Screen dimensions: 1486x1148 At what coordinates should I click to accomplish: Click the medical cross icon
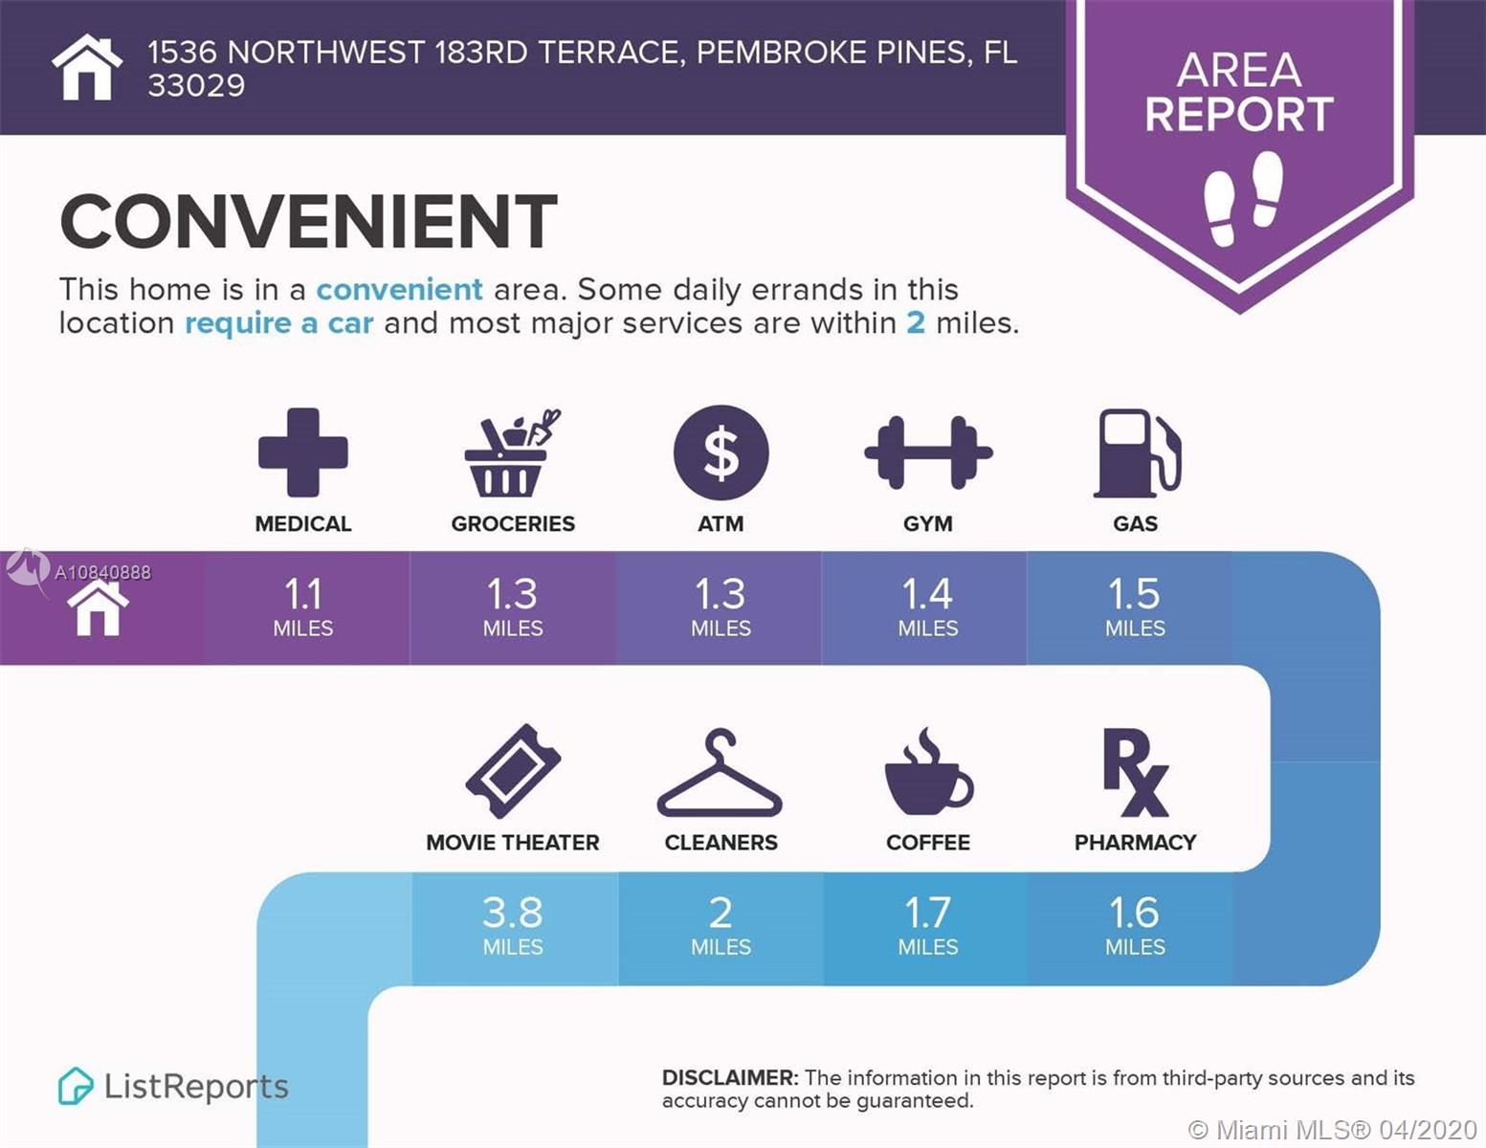pos(303,452)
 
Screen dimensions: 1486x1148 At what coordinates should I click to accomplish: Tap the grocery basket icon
pos(512,453)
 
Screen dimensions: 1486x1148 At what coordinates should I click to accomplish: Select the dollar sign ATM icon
pos(721,453)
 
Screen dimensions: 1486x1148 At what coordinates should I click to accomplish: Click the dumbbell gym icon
pos(928,453)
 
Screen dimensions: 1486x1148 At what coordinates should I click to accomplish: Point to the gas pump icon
pos(1137,453)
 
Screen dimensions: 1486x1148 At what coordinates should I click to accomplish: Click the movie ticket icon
pos(513,770)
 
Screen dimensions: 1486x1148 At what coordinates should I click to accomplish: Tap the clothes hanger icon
pos(720,772)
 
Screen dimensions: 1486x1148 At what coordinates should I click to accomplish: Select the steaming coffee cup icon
pos(929,771)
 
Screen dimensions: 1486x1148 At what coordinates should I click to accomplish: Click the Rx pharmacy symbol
pos(1135,773)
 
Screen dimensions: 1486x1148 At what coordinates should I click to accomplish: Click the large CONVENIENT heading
pos(308,221)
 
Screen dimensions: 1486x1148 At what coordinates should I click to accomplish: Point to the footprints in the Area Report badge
pos(1243,198)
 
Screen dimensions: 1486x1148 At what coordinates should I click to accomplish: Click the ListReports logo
pos(173,1086)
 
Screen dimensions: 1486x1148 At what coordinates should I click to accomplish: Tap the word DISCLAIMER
pos(730,1077)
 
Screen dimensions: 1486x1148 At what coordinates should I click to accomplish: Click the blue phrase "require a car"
pos(279,322)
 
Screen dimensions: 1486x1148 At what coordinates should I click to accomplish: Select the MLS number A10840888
pos(102,572)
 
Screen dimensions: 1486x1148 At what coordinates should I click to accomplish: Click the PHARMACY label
pos(1135,843)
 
